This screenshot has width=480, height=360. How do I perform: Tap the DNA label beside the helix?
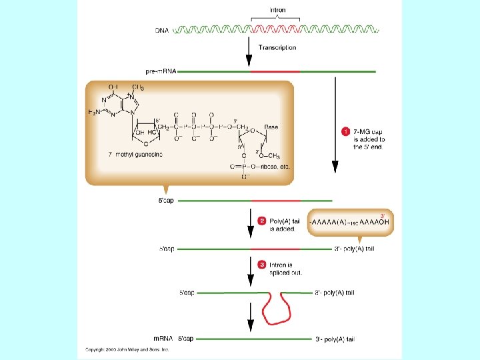click(162, 31)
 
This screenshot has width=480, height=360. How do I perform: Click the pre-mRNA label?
click(160, 71)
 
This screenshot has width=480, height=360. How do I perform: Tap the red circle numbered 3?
click(262, 264)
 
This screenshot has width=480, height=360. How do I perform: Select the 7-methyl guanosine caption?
click(135, 154)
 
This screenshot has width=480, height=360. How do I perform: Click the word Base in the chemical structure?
click(271, 126)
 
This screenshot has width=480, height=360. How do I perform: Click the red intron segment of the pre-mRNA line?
click(275, 71)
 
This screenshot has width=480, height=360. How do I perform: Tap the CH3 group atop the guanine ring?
click(138, 87)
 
